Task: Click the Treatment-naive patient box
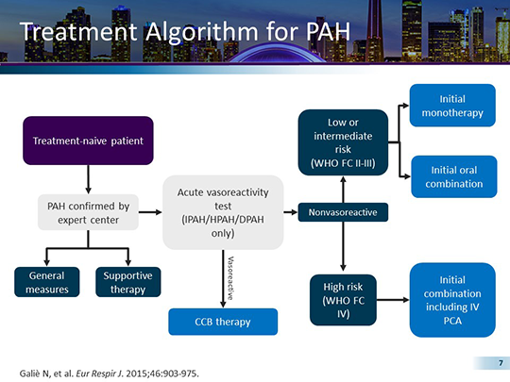(88, 141)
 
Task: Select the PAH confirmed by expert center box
(88, 212)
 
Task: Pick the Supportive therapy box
(128, 282)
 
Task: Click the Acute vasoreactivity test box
(224, 212)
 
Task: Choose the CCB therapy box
(224, 322)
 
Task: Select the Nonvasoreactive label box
(343, 212)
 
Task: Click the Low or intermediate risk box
(343, 142)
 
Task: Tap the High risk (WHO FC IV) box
(343, 298)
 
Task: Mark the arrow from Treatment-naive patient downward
(88, 179)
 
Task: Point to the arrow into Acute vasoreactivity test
(150, 212)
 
